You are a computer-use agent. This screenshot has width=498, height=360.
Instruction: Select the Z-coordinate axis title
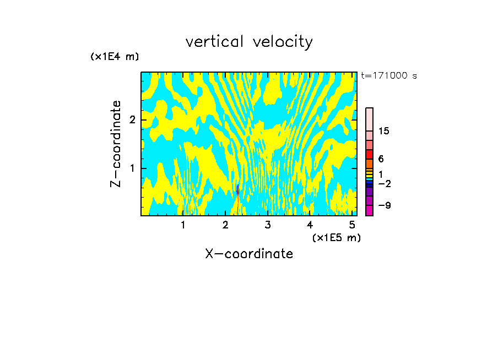[x=116, y=144]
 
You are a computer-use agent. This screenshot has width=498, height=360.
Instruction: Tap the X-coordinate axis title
[x=249, y=254]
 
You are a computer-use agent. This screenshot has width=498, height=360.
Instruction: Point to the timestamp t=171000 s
[x=389, y=75]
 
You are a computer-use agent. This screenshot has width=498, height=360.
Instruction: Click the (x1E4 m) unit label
[x=115, y=57]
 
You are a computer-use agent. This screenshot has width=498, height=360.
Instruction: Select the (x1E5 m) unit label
[x=336, y=237]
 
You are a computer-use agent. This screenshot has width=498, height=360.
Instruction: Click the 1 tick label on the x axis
[x=183, y=225]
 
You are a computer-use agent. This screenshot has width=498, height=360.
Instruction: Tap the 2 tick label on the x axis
[x=225, y=225]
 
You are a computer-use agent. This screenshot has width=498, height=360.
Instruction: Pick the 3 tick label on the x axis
[x=268, y=225]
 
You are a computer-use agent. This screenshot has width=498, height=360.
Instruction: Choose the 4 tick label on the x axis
[x=310, y=225]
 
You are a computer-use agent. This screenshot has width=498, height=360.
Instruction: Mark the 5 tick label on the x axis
[x=352, y=225]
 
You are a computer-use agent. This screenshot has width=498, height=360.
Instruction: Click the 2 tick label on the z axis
[x=132, y=120]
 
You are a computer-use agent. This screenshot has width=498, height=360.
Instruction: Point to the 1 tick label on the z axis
[x=132, y=168]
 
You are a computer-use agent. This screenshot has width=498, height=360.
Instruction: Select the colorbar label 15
[x=384, y=131]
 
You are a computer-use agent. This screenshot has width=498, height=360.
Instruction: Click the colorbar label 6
[x=381, y=159]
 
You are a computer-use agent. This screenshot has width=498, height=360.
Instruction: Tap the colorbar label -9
[x=384, y=205]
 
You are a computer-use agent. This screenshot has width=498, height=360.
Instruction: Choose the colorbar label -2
[x=384, y=183]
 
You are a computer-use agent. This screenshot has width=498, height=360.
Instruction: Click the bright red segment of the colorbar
[x=369, y=154]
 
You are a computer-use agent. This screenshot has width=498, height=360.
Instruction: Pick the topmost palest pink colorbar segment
[x=369, y=119]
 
